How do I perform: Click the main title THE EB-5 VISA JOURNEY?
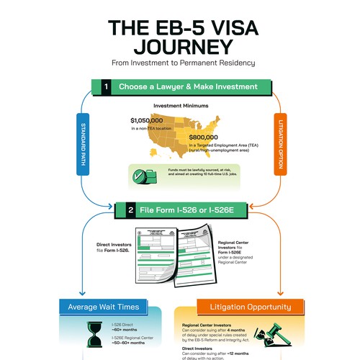coord(180,36)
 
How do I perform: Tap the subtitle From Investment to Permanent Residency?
coord(180,63)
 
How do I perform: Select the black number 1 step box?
coord(106,86)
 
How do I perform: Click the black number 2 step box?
coord(130,211)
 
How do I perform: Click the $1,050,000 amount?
coord(151,120)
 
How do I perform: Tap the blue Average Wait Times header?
coord(109,307)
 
